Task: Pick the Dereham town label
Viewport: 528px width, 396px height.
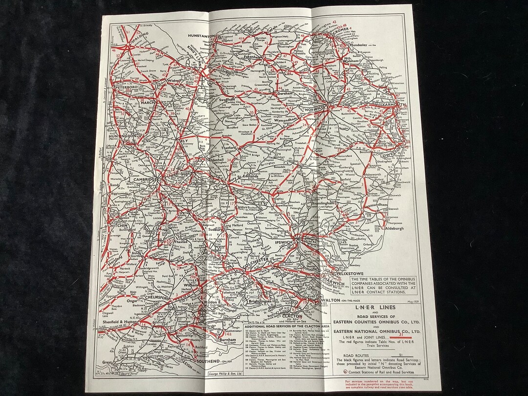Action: (288, 93)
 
